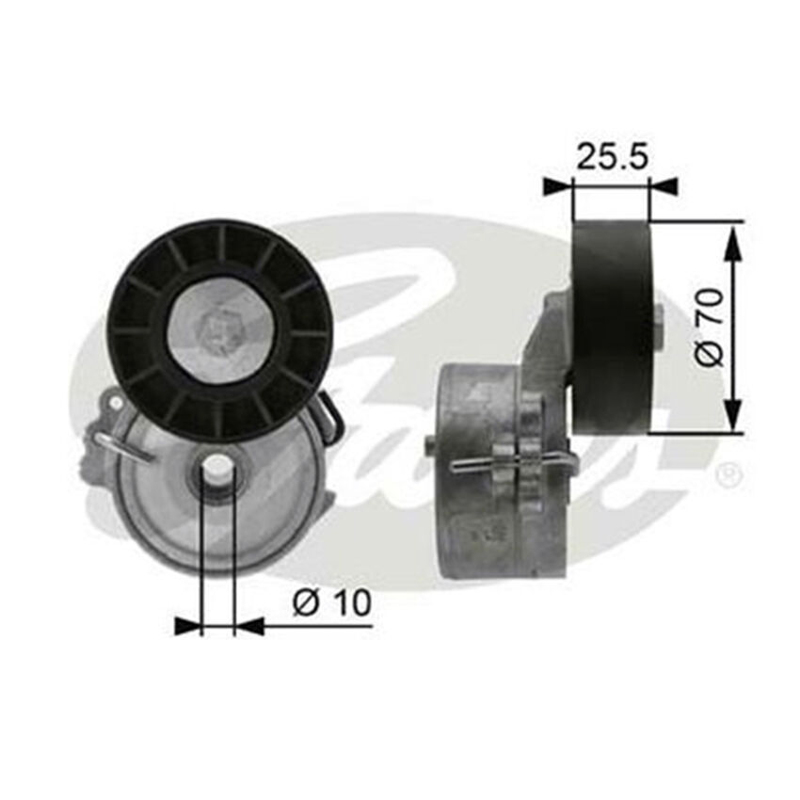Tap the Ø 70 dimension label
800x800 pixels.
coord(711,327)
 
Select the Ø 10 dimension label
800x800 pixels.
coord(331,602)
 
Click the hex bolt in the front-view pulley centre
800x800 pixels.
coord(219,328)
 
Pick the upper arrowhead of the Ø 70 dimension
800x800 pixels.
coord(733,235)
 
